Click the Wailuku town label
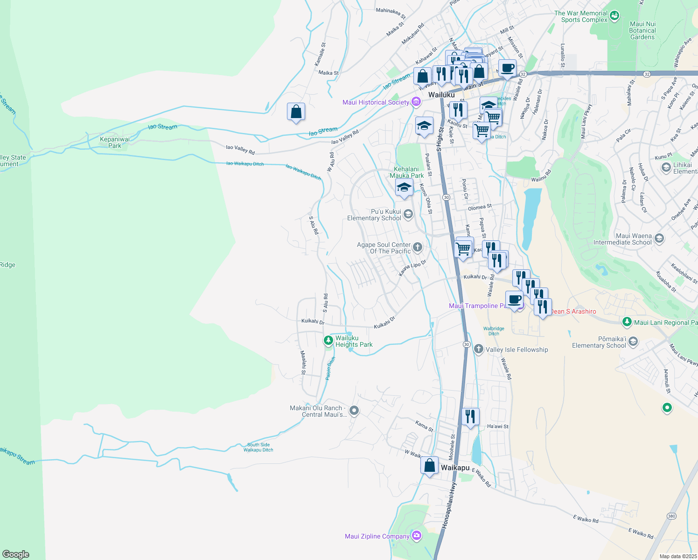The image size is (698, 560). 441,95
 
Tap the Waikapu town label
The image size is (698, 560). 455,468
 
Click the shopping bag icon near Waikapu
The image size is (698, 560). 429,466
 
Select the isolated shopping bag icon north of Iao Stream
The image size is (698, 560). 296,112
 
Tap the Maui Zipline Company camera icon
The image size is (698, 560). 417,535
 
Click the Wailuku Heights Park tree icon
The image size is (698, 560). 328,341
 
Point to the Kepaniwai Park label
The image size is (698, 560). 115,142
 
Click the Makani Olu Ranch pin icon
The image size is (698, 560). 354,411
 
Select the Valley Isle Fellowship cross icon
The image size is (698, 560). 478,349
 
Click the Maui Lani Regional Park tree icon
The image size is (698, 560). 627,322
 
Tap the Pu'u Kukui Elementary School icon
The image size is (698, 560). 408,214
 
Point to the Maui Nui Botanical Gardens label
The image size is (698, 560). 642,30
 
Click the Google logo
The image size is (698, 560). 16,554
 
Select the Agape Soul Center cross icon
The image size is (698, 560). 417,247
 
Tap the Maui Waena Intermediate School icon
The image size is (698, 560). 659,238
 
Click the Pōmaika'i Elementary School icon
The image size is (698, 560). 633,342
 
